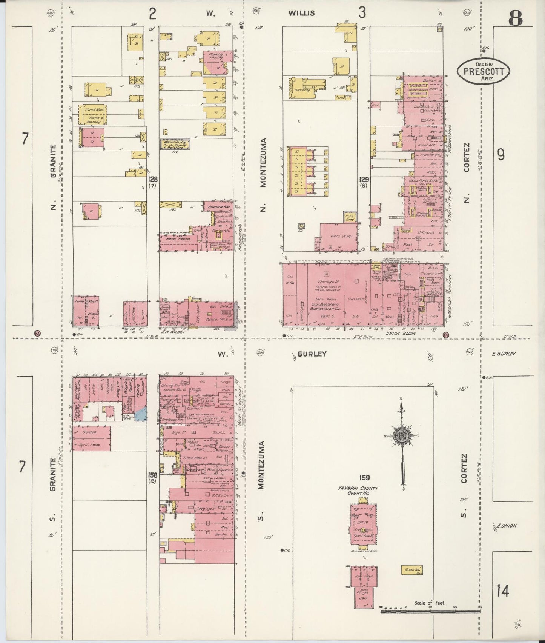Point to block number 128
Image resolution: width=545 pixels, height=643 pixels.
[153, 179]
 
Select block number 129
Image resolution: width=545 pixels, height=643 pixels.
[364, 179]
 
